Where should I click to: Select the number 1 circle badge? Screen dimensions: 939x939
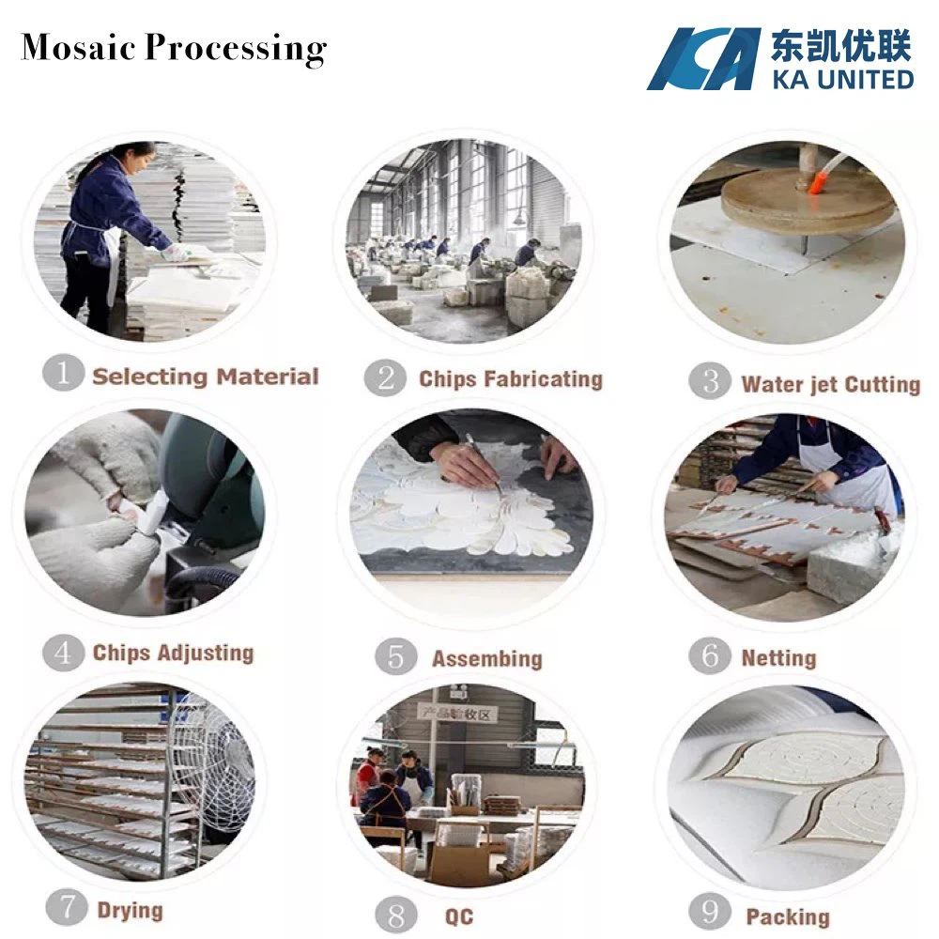[63, 374]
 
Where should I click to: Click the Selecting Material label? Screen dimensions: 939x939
[206, 377]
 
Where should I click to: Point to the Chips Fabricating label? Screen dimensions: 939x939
[510, 379]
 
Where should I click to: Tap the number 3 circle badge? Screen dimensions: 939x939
[709, 381]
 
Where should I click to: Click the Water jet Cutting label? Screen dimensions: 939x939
[830, 384]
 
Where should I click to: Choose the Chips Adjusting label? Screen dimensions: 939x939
[173, 653]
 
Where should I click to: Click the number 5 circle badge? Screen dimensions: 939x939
[395, 657]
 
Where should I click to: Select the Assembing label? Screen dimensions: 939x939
[486, 658]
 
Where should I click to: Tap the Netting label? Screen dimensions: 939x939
[778, 657]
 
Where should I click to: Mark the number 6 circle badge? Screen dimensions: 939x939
[710, 655]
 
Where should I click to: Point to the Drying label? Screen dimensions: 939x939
[130, 910]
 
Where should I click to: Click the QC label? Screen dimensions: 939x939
[459, 916]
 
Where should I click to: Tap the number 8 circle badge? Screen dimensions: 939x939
[395, 915]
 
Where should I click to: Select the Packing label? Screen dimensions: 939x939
[787, 916]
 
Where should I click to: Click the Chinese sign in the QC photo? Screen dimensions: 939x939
[457, 714]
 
